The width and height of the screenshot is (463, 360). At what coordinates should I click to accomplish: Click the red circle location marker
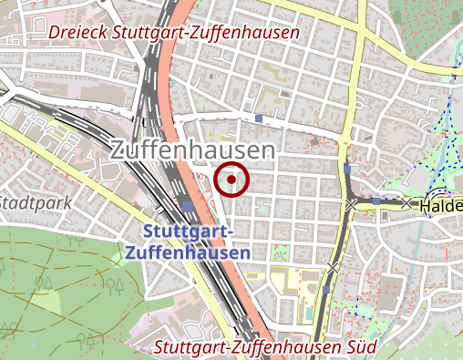pos(231,180)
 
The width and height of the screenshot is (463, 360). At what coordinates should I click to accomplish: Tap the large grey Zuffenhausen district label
pos(192,151)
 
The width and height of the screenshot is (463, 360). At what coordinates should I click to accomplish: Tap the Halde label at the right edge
pos(441,208)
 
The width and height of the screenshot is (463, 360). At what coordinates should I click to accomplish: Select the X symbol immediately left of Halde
pos(406,203)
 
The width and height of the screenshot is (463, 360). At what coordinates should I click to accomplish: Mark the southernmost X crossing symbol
pos(334,268)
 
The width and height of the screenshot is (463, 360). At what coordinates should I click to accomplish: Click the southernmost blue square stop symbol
pos(326,290)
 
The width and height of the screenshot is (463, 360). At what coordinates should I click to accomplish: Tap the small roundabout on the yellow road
pos(345,142)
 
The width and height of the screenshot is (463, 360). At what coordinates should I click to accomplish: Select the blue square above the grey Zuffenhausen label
pos(259,118)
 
